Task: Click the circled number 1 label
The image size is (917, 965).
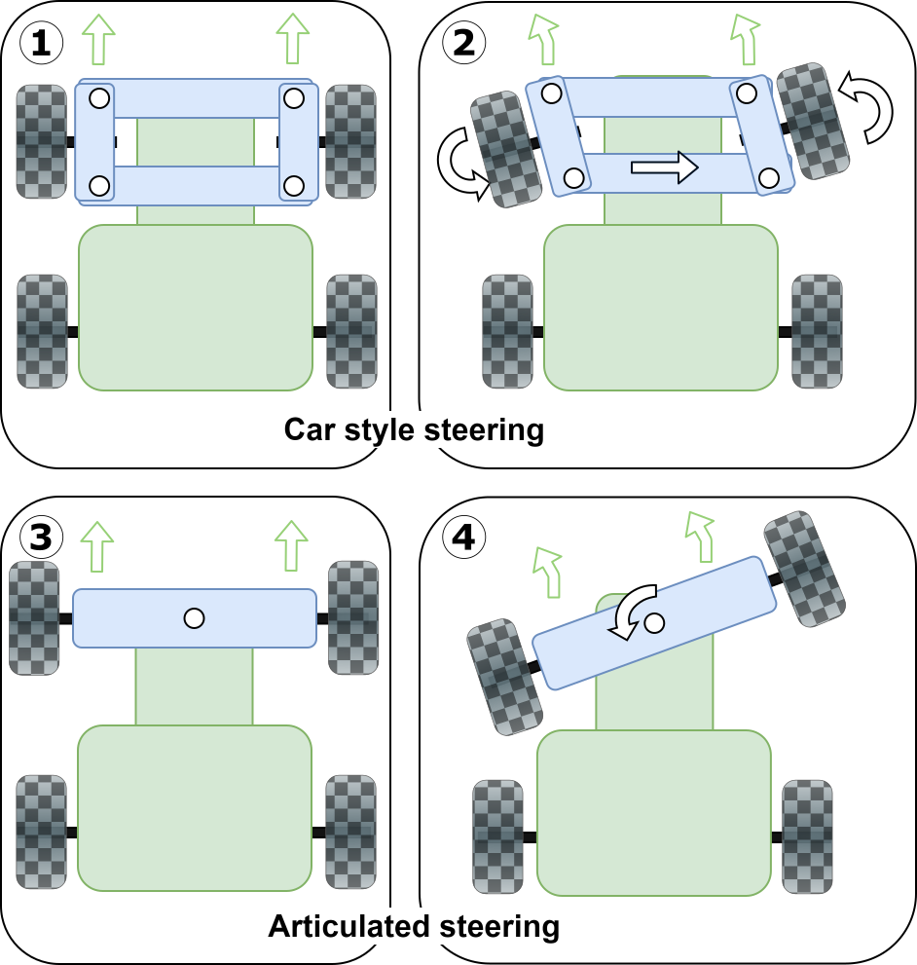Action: click(x=41, y=43)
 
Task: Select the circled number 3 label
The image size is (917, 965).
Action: click(x=41, y=537)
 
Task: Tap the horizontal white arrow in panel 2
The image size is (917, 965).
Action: click(x=664, y=167)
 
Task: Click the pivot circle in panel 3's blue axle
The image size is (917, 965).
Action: click(x=194, y=617)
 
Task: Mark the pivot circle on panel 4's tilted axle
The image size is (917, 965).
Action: click(x=654, y=621)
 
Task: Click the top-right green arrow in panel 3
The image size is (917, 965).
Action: click(x=290, y=545)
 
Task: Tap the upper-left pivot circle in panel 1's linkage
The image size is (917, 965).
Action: click(x=98, y=97)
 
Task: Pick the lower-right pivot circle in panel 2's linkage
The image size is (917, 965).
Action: click(x=769, y=177)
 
